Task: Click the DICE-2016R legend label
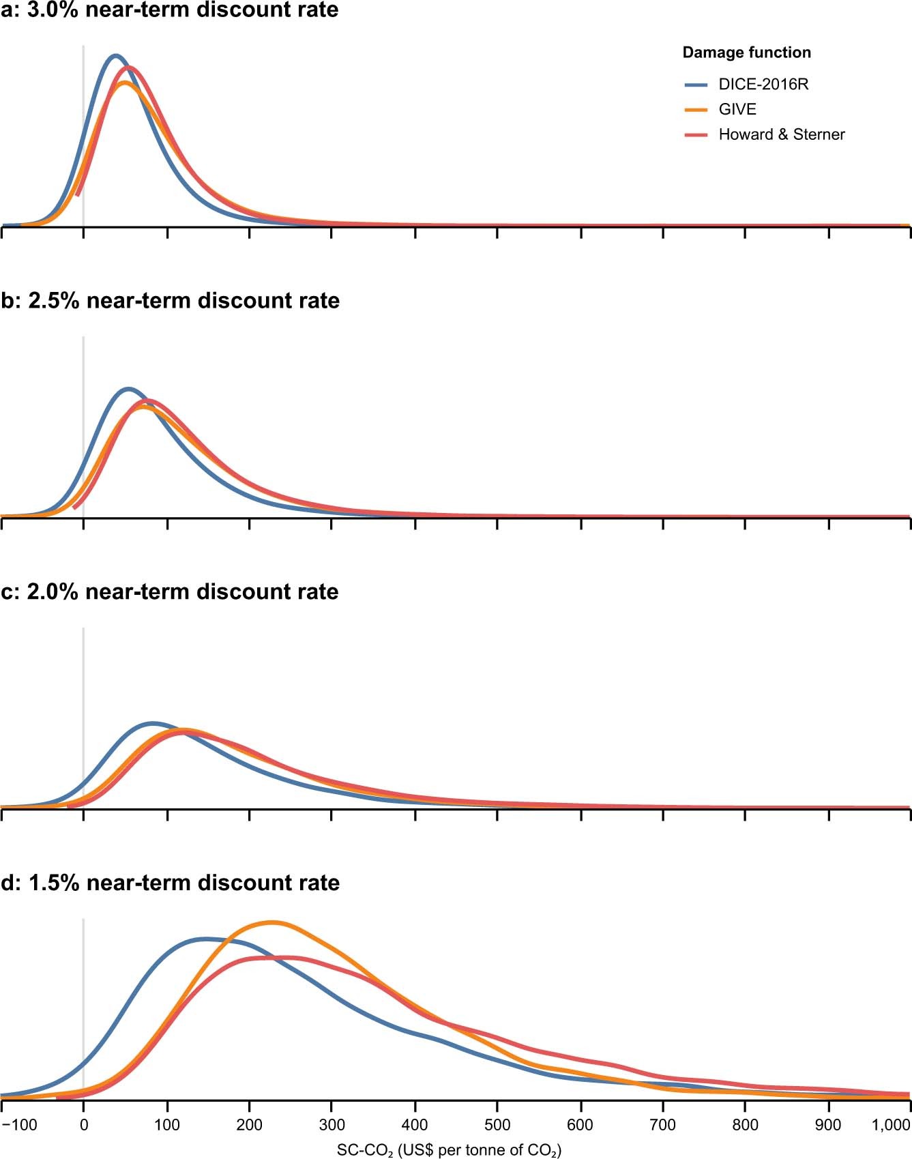coord(763,85)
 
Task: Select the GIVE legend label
coord(737,110)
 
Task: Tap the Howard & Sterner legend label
coord(782,134)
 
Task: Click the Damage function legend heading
coord(746,53)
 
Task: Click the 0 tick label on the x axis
coord(83,1125)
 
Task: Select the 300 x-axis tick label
coord(332,1125)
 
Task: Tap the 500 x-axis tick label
coord(498,1125)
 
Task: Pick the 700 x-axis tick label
coord(664,1125)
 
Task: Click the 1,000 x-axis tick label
coord(891,1125)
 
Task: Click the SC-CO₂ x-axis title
coord(449,1150)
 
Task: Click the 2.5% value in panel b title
coord(54,301)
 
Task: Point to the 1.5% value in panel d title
coord(54,883)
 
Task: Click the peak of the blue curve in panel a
coord(115,55)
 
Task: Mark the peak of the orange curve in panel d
coord(271,922)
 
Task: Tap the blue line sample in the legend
coord(696,85)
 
